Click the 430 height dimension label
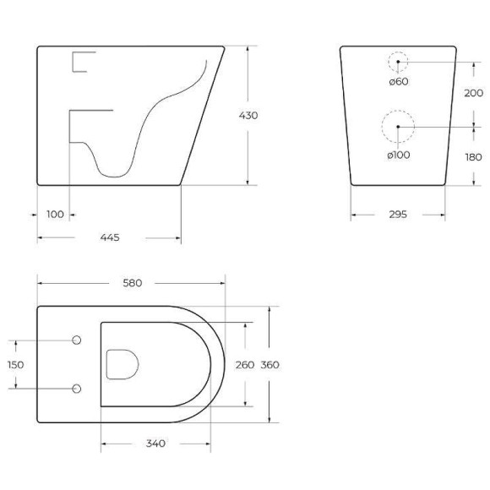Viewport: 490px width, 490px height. [248, 116]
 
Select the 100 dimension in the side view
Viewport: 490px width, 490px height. [56, 215]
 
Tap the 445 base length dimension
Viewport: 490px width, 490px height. [109, 237]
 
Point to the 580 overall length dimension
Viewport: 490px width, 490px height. [132, 282]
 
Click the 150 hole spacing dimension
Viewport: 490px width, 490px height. [15, 364]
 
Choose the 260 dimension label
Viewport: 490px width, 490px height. [245, 364]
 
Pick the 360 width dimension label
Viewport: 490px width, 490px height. [269, 364]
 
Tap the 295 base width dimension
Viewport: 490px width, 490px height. [398, 215]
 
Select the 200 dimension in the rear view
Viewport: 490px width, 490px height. [473, 93]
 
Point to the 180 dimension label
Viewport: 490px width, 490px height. [473, 156]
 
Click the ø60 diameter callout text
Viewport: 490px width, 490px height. [398, 81]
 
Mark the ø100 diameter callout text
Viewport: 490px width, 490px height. [398, 155]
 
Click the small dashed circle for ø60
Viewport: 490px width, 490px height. [398, 62]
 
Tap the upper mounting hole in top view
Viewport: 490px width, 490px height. [77, 340]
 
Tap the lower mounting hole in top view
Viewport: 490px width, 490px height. [77, 389]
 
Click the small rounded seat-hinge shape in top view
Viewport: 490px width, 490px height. [122, 364]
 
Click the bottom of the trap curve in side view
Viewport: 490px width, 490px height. [113, 175]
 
